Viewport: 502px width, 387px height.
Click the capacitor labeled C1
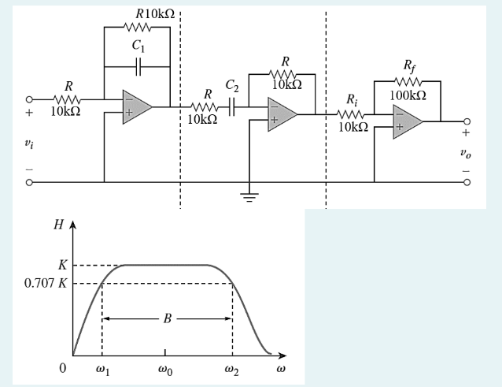pos(138,67)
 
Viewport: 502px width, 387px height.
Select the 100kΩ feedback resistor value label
pos(408,95)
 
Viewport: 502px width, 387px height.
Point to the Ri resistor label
pos(352,99)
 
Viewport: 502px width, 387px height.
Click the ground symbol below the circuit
pos(252,196)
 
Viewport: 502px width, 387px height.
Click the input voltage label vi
pos(30,147)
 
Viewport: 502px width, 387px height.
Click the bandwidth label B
pos(167,318)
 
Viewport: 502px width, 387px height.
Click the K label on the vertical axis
pos(62,266)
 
